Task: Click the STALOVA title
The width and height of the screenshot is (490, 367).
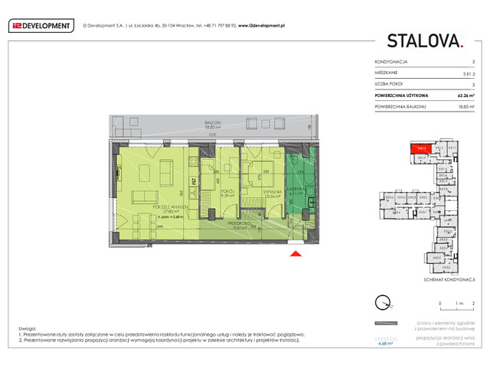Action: click(424, 41)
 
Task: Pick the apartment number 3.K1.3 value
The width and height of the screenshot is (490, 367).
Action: click(469, 72)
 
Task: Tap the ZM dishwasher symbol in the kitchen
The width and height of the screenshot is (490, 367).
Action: click(194, 181)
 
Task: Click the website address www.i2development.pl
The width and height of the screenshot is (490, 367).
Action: click(261, 25)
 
